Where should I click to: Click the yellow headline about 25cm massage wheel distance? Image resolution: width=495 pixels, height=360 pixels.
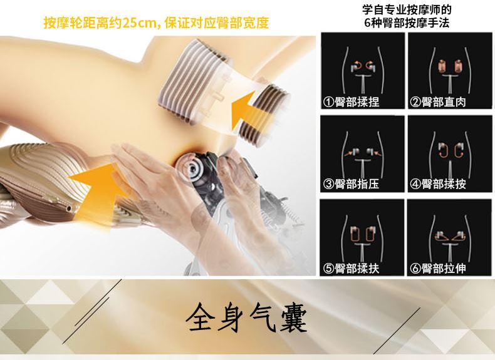pyautogui.click(x=156, y=23)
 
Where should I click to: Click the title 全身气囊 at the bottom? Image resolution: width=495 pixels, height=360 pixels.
pyautogui.click(x=246, y=317)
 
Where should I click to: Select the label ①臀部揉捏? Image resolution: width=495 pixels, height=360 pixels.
pyautogui.click(x=352, y=102)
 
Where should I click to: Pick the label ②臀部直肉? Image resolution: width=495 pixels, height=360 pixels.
pyautogui.click(x=438, y=102)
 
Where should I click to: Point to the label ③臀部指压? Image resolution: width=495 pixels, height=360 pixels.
pyautogui.click(x=352, y=184)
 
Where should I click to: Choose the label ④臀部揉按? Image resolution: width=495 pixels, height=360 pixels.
pyautogui.click(x=438, y=184)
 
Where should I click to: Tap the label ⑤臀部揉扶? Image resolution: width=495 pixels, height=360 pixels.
pyautogui.click(x=352, y=269)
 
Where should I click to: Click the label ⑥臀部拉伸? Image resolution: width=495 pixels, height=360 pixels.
pyautogui.click(x=438, y=269)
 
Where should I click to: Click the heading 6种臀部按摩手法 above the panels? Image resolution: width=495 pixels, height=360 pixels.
pyautogui.click(x=407, y=23)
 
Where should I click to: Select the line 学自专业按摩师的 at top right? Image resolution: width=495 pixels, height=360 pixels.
pyautogui.click(x=407, y=9)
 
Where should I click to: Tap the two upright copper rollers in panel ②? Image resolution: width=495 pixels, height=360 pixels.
pyautogui.click(x=449, y=66)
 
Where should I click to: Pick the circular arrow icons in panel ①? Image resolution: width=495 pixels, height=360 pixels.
pyautogui.click(x=362, y=66)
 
